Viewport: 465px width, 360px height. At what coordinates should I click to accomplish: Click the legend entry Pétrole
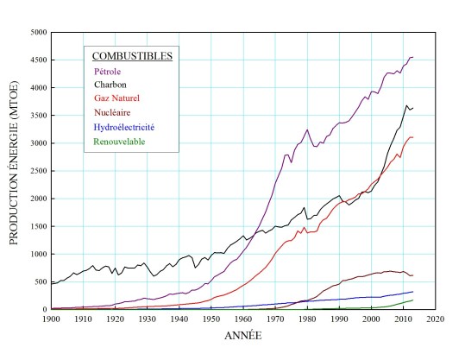(108, 73)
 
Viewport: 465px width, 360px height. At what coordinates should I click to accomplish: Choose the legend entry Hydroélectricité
(125, 128)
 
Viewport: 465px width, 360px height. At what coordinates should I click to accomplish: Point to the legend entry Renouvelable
(119, 142)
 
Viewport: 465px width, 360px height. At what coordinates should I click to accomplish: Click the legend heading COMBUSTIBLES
(133, 56)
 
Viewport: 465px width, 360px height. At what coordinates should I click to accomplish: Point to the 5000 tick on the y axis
(36, 33)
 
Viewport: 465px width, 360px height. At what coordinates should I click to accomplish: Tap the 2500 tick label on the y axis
(36, 171)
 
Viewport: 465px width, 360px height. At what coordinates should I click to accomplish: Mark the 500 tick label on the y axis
(39, 281)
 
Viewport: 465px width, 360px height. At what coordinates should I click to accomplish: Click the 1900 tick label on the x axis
(51, 319)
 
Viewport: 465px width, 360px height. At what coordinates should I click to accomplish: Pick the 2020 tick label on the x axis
(434, 319)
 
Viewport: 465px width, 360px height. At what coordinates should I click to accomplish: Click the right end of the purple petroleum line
(413, 57)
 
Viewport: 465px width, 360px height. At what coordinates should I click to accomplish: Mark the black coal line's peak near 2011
(406, 105)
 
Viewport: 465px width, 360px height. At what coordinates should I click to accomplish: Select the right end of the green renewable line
(413, 300)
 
